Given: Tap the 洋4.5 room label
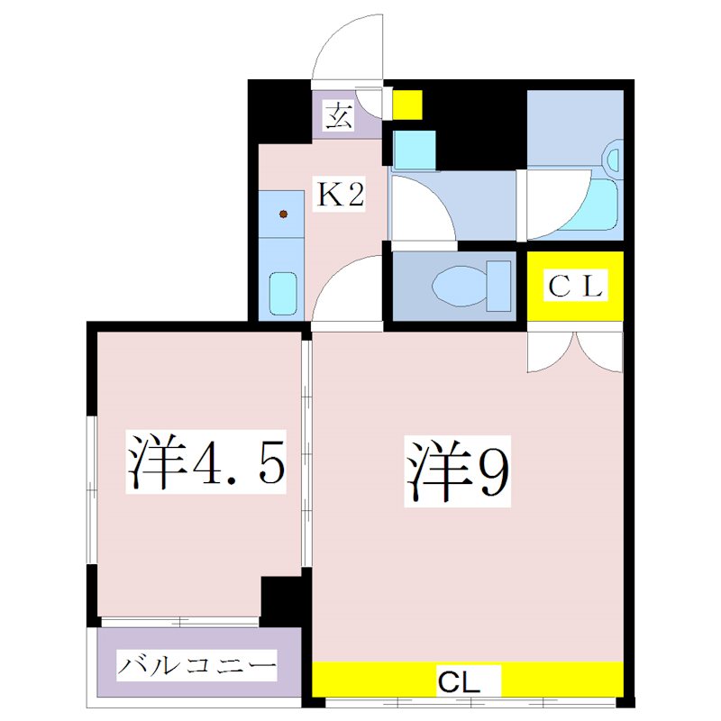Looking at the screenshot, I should (x=205, y=462).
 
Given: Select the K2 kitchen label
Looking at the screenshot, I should (x=339, y=195).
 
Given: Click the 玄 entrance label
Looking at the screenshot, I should (x=338, y=116).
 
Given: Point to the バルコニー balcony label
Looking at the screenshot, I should (x=196, y=669).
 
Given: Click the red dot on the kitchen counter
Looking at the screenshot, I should (x=283, y=214).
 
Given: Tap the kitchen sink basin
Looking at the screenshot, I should (x=282, y=292).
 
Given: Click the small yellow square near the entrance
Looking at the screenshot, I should (x=406, y=105).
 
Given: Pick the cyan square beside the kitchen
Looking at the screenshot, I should (x=415, y=150).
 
